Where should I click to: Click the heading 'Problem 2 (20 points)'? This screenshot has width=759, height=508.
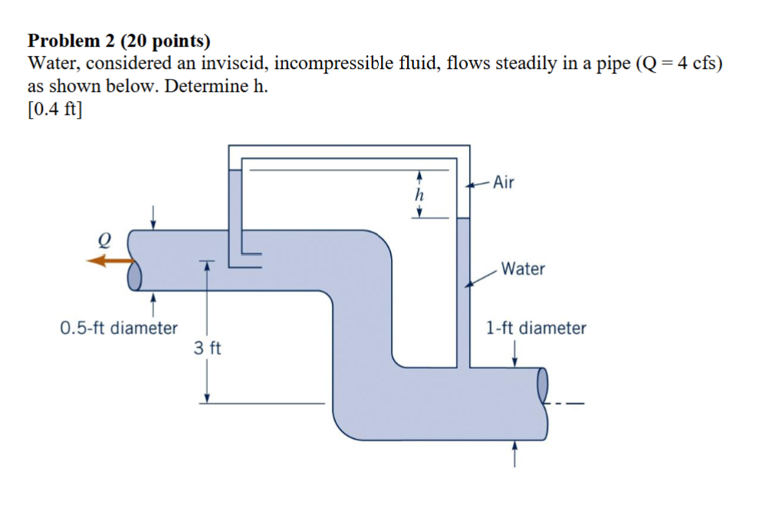point(119,41)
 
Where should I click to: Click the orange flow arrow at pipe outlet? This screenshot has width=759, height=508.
point(107,261)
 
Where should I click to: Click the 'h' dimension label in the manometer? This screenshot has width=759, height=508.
point(419,195)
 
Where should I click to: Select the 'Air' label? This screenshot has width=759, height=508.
point(504,182)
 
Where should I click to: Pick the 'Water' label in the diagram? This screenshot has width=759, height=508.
point(523,269)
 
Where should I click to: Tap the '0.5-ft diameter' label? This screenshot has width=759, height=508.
point(119,328)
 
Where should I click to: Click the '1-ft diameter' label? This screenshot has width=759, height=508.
point(536,328)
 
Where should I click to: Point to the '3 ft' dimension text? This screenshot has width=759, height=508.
point(207,349)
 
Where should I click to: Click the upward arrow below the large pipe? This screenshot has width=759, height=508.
point(514,453)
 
